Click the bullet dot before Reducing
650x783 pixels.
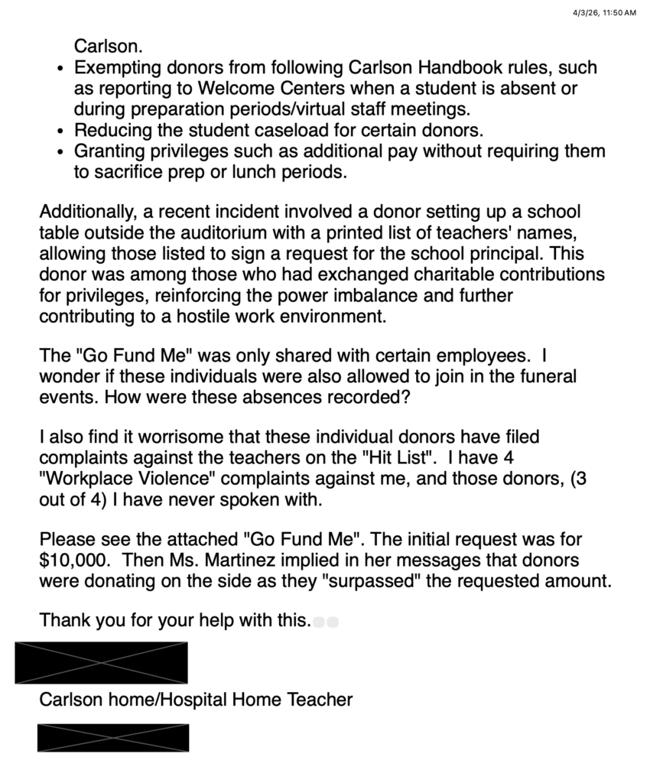click(61, 132)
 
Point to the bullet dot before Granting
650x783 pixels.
click(61, 152)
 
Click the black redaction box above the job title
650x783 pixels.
click(101, 662)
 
